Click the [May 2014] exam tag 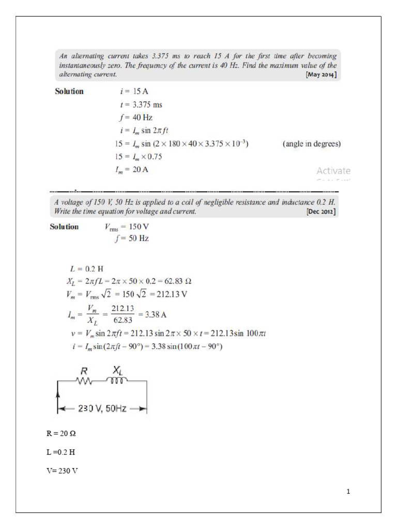(x=322, y=75)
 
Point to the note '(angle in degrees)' (x=312, y=144)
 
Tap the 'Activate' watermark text (x=333, y=170)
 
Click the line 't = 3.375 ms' (x=141, y=105)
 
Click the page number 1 (x=348, y=492)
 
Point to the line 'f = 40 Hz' (x=135, y=117)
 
